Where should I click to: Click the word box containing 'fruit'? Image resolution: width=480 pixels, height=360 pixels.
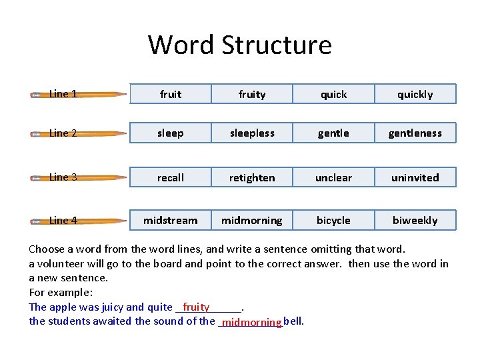click(x=171, y=94)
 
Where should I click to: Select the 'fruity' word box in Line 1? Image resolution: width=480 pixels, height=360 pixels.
click(x=252, y=94)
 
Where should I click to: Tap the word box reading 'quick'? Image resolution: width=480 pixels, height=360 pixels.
click(x=333, y=94)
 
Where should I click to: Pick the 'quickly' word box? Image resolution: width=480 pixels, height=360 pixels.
click(x=415, y=94)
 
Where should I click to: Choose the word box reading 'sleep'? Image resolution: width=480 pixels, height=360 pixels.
click(x=171, y=133)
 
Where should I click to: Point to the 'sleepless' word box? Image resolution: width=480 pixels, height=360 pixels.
click(x=252, y=133)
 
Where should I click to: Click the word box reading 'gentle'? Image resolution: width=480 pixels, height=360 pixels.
click(x=333, y=133)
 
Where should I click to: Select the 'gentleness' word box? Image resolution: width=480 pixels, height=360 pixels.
click(x=415, y=133)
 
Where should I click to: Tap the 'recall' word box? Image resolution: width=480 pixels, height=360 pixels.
click(x=171, y=177)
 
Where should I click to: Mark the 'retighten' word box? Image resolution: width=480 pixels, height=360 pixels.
click(x=252, y=177)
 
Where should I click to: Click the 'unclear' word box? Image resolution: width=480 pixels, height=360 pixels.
click(x=333, y=177)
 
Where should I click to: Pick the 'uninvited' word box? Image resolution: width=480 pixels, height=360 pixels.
click(x=415, y=177)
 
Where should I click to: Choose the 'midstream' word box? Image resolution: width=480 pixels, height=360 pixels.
click(x=171, y=220)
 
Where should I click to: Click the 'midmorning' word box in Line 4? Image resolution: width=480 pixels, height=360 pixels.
click(x=252, y=220)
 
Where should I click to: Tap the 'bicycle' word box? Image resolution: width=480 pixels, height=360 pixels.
click(x=333, y=220)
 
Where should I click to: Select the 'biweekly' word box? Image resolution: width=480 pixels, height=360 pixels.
click(x=415, y=220)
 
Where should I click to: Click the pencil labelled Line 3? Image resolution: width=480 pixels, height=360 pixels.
click(x=79, y=177)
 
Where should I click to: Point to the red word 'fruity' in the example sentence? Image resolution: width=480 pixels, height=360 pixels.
click(x=196, y=307)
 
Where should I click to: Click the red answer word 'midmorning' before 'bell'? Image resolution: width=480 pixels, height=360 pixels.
click(x=252, y=323)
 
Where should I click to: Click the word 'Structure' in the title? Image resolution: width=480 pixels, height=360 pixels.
click(x=276, y=45)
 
